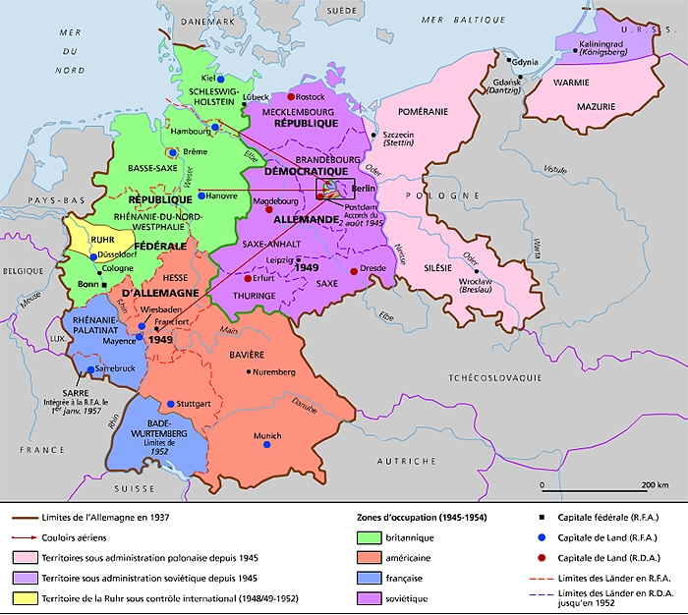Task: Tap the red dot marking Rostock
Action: (x=291, y=96)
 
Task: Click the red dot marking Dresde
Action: (x=353, y=270)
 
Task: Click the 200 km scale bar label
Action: (x=655, y=485)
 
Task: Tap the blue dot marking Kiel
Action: (x=220, y=79)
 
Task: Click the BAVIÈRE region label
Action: (x=249, y=354)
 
